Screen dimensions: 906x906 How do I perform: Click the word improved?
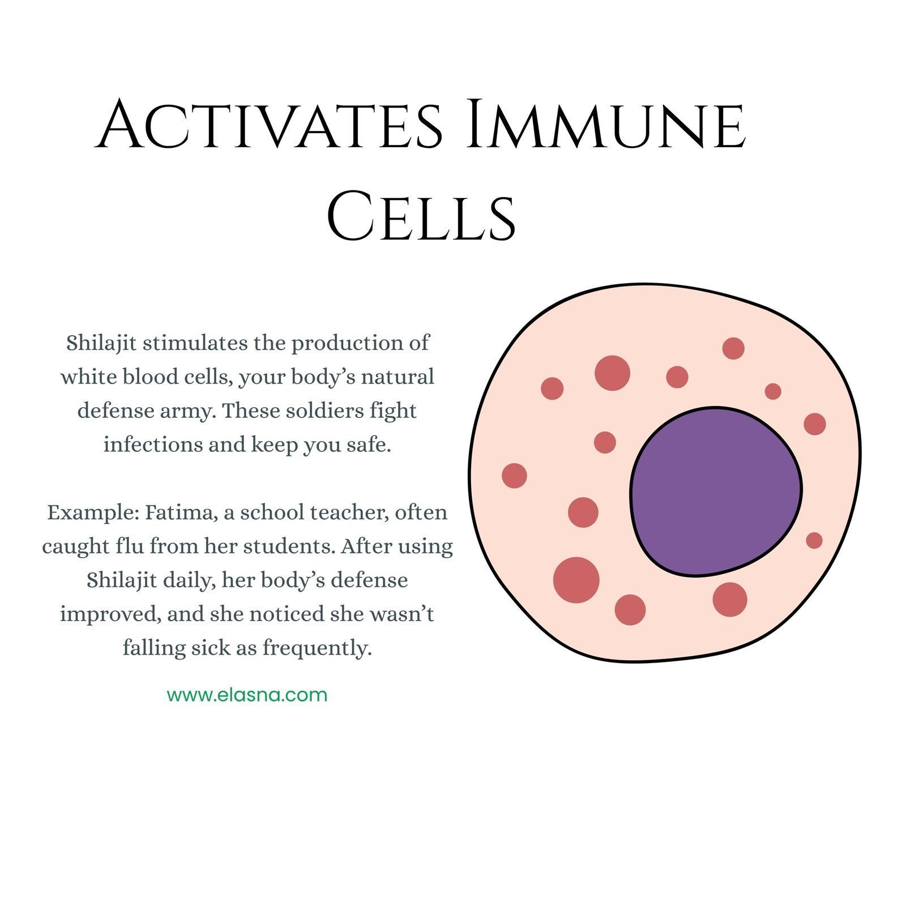click(x=110, y=615)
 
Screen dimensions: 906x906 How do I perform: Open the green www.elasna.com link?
click(x=247, y=695)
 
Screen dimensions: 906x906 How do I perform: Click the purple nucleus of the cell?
click(x=716, y=492)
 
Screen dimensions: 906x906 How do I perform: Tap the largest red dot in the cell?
click(x=576, y=580)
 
